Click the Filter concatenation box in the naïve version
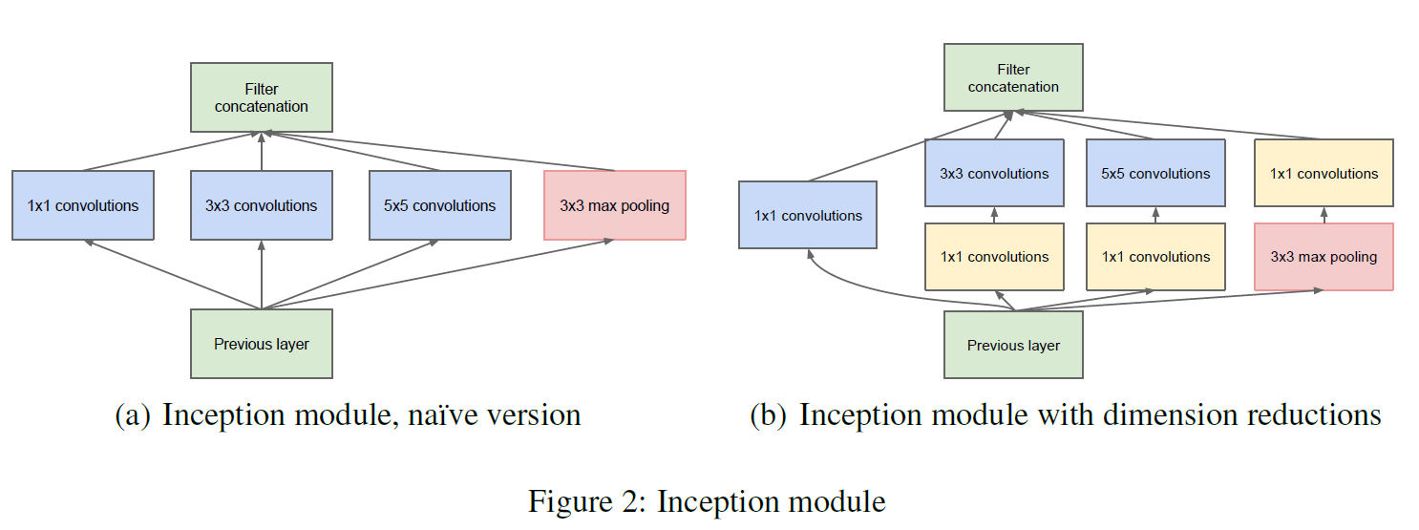tap(262, 97)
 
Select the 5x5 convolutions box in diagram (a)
tap(440, 205)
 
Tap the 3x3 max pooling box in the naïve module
tap(614, 205)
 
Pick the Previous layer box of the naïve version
tap(262, 344)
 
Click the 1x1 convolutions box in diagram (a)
tap(83, 205)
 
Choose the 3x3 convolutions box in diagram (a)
tap(262, 205)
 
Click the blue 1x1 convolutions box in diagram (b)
tap(808, 215)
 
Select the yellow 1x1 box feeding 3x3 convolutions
tap(995, 257)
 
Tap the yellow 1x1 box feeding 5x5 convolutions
tap(1156, 257)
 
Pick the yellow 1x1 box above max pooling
tap(1324, 173)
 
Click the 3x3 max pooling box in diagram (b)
tap(1324, 257)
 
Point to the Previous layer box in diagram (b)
tap(1013, 345)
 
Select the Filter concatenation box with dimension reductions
tap(1013, 77)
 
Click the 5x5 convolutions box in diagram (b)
tap(1156, 173)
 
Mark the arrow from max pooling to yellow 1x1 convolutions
tap(1324, 215)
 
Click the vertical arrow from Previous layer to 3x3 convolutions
tap(262, 275)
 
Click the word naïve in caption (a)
tap(441, 415)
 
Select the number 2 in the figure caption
tap(631, 501)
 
